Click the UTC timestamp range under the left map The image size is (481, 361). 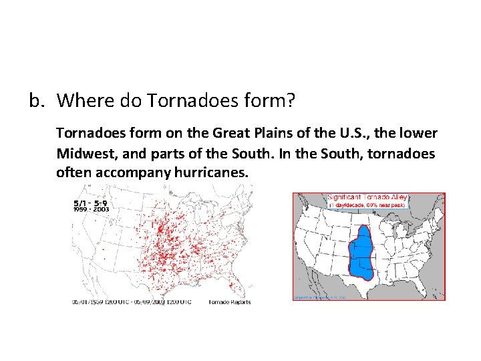tap(132, 302)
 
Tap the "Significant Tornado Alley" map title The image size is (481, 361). tap(367, 197)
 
